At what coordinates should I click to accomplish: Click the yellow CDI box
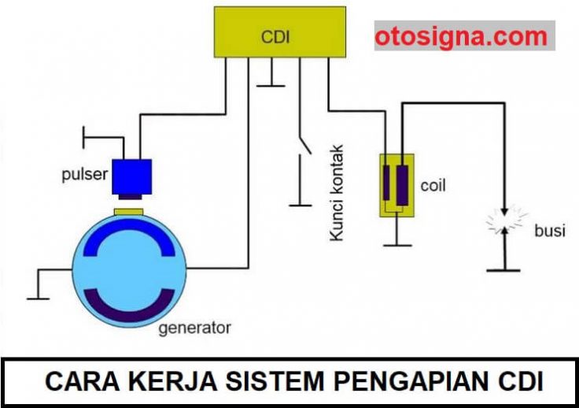point(280,32)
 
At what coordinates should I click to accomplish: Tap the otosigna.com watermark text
point(461,37)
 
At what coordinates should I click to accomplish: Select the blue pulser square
point(132,176)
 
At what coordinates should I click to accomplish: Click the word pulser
point(84,174)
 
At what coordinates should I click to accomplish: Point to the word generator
point(194,328)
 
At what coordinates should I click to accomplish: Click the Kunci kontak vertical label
point(337,193)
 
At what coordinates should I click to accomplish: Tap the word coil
point(433,185)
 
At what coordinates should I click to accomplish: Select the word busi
point(550,231)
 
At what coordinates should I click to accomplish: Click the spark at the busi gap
point(505,221)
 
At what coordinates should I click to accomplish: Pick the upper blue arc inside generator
point(129,226)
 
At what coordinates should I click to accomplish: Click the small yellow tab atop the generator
point(128,212)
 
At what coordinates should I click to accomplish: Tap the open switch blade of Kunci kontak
point(305,145)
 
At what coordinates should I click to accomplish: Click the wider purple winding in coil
point(402,185)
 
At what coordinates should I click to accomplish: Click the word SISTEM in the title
point(275,381)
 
